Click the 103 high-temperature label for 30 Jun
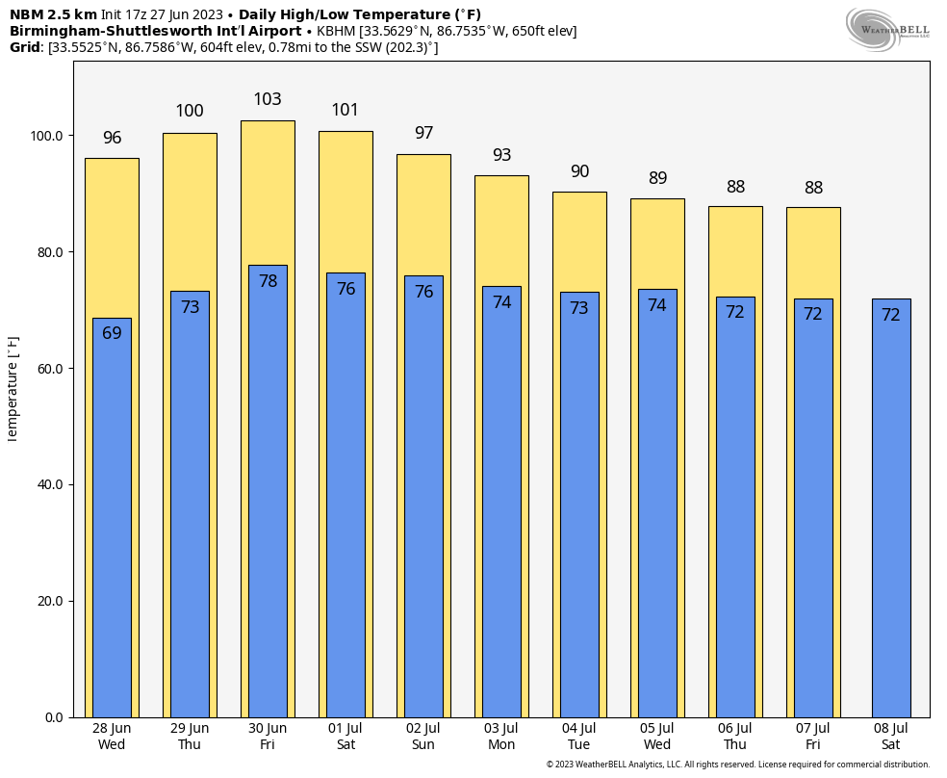[x=268, y=100]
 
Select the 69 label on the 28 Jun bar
[x=112, y=333]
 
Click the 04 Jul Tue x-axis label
[x=579, y=737]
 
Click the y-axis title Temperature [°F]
[x=13, y=389]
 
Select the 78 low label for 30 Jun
[x=268, y=281]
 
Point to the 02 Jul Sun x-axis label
[x=423, y=737]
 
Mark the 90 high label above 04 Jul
[x=579, y=172]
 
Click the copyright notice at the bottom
[x=738, y=765]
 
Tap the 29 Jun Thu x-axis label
[x=190, y=737]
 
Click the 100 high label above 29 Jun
[x=190, y=112]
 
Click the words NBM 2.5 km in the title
[x=53, y=14]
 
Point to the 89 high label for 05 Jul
[x=657, y=178]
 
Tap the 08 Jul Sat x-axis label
[x=891, y=737]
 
